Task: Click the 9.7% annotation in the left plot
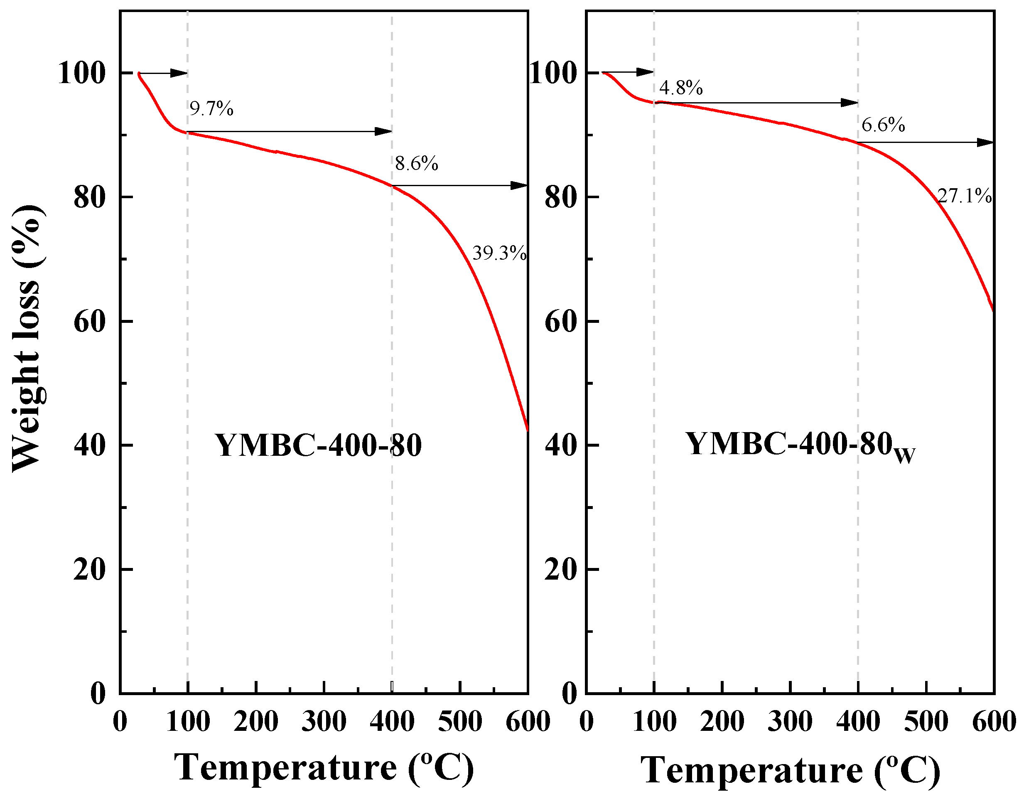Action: pos(211,109)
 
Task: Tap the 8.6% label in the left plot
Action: pos(417,164)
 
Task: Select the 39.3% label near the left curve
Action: pos(499,253)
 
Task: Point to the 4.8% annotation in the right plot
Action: pos(681,88)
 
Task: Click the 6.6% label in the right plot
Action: pos(883,125)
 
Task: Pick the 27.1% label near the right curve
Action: pos(965,196)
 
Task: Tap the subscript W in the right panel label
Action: pos(905,455)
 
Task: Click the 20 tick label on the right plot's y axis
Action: pos(561,570)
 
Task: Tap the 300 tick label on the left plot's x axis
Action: pos(324,722)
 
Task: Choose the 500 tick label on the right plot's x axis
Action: pos(926,722)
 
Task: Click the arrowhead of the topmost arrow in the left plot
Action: pos(179,73)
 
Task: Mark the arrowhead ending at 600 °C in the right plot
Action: pos(986,143)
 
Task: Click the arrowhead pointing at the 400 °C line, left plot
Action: pos(384,132)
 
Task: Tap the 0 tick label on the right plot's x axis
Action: pos(587,722)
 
